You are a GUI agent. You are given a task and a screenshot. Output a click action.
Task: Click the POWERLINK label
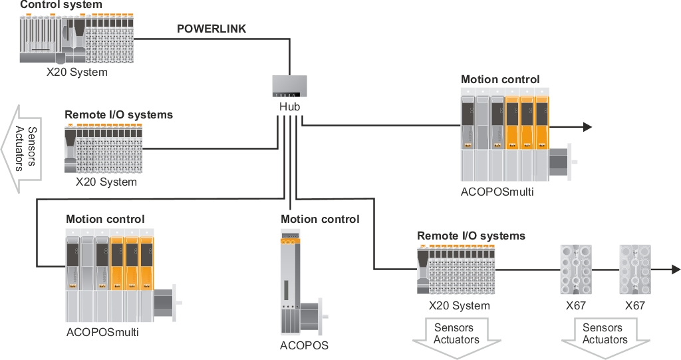tap(211, 29)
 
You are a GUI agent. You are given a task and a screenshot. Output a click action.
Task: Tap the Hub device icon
tap(290, 87)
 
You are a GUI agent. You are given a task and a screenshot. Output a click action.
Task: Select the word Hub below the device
tap(290, 106)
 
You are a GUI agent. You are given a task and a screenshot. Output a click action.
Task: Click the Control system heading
tap(61, 5)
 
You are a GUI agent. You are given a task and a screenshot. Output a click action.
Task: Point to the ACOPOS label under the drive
tap(304, 345)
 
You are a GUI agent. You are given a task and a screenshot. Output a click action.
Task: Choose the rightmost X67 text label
tap(636, 306)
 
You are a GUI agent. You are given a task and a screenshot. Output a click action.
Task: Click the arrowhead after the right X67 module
tap(676, 270)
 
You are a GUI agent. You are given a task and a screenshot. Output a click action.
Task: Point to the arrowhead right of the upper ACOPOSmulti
tap(587, 127)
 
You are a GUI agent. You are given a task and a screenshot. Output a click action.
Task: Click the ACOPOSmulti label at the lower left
tap(102, 331)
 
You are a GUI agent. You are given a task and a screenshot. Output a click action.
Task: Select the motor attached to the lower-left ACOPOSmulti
tap(166, 303)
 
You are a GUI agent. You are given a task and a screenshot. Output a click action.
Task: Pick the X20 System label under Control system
tap(76, 72)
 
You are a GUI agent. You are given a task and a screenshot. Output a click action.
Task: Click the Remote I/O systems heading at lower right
tap(471, 236)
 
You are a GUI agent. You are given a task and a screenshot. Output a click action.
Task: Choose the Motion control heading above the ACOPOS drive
tap(320, 219)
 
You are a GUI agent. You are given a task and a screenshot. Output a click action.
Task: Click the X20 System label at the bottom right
tap(460, 306)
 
